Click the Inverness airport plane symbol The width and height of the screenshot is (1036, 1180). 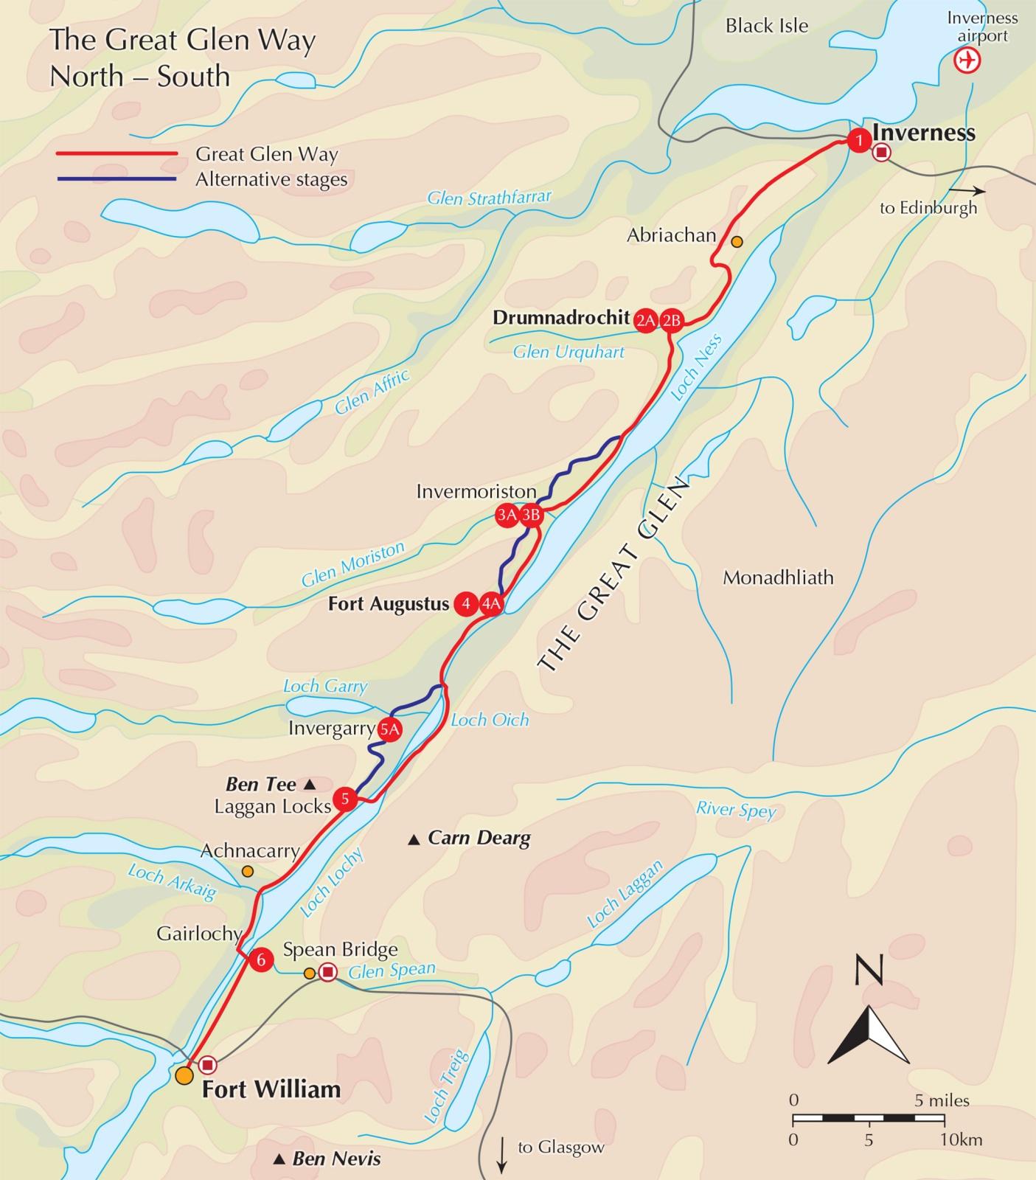coord(967,60)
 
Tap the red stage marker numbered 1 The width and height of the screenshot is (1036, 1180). coord(858,140)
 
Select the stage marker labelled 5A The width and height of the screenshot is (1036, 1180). coord(389,729)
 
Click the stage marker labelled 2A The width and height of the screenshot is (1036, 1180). coord(646,320)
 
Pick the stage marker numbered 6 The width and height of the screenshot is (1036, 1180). coord(261,960)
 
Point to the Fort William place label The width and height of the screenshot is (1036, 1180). coord(271,1089)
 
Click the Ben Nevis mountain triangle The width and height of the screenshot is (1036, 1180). coord(279,1160)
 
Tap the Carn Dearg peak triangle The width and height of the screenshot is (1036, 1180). coord(414,839)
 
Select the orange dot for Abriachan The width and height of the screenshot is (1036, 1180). coord(737,241)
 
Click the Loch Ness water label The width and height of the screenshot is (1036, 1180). coord(696,368)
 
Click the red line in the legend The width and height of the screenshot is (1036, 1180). coord(117,154)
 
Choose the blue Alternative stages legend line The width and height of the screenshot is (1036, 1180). coord(117,179)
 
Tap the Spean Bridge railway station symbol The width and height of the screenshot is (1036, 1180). coord(327,972)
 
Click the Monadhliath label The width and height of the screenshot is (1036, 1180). coord(778,577)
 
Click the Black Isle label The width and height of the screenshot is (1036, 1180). coord(767,26)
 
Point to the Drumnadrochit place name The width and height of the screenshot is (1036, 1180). coord(561,318)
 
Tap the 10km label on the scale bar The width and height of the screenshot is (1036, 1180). coord(961,1139)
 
